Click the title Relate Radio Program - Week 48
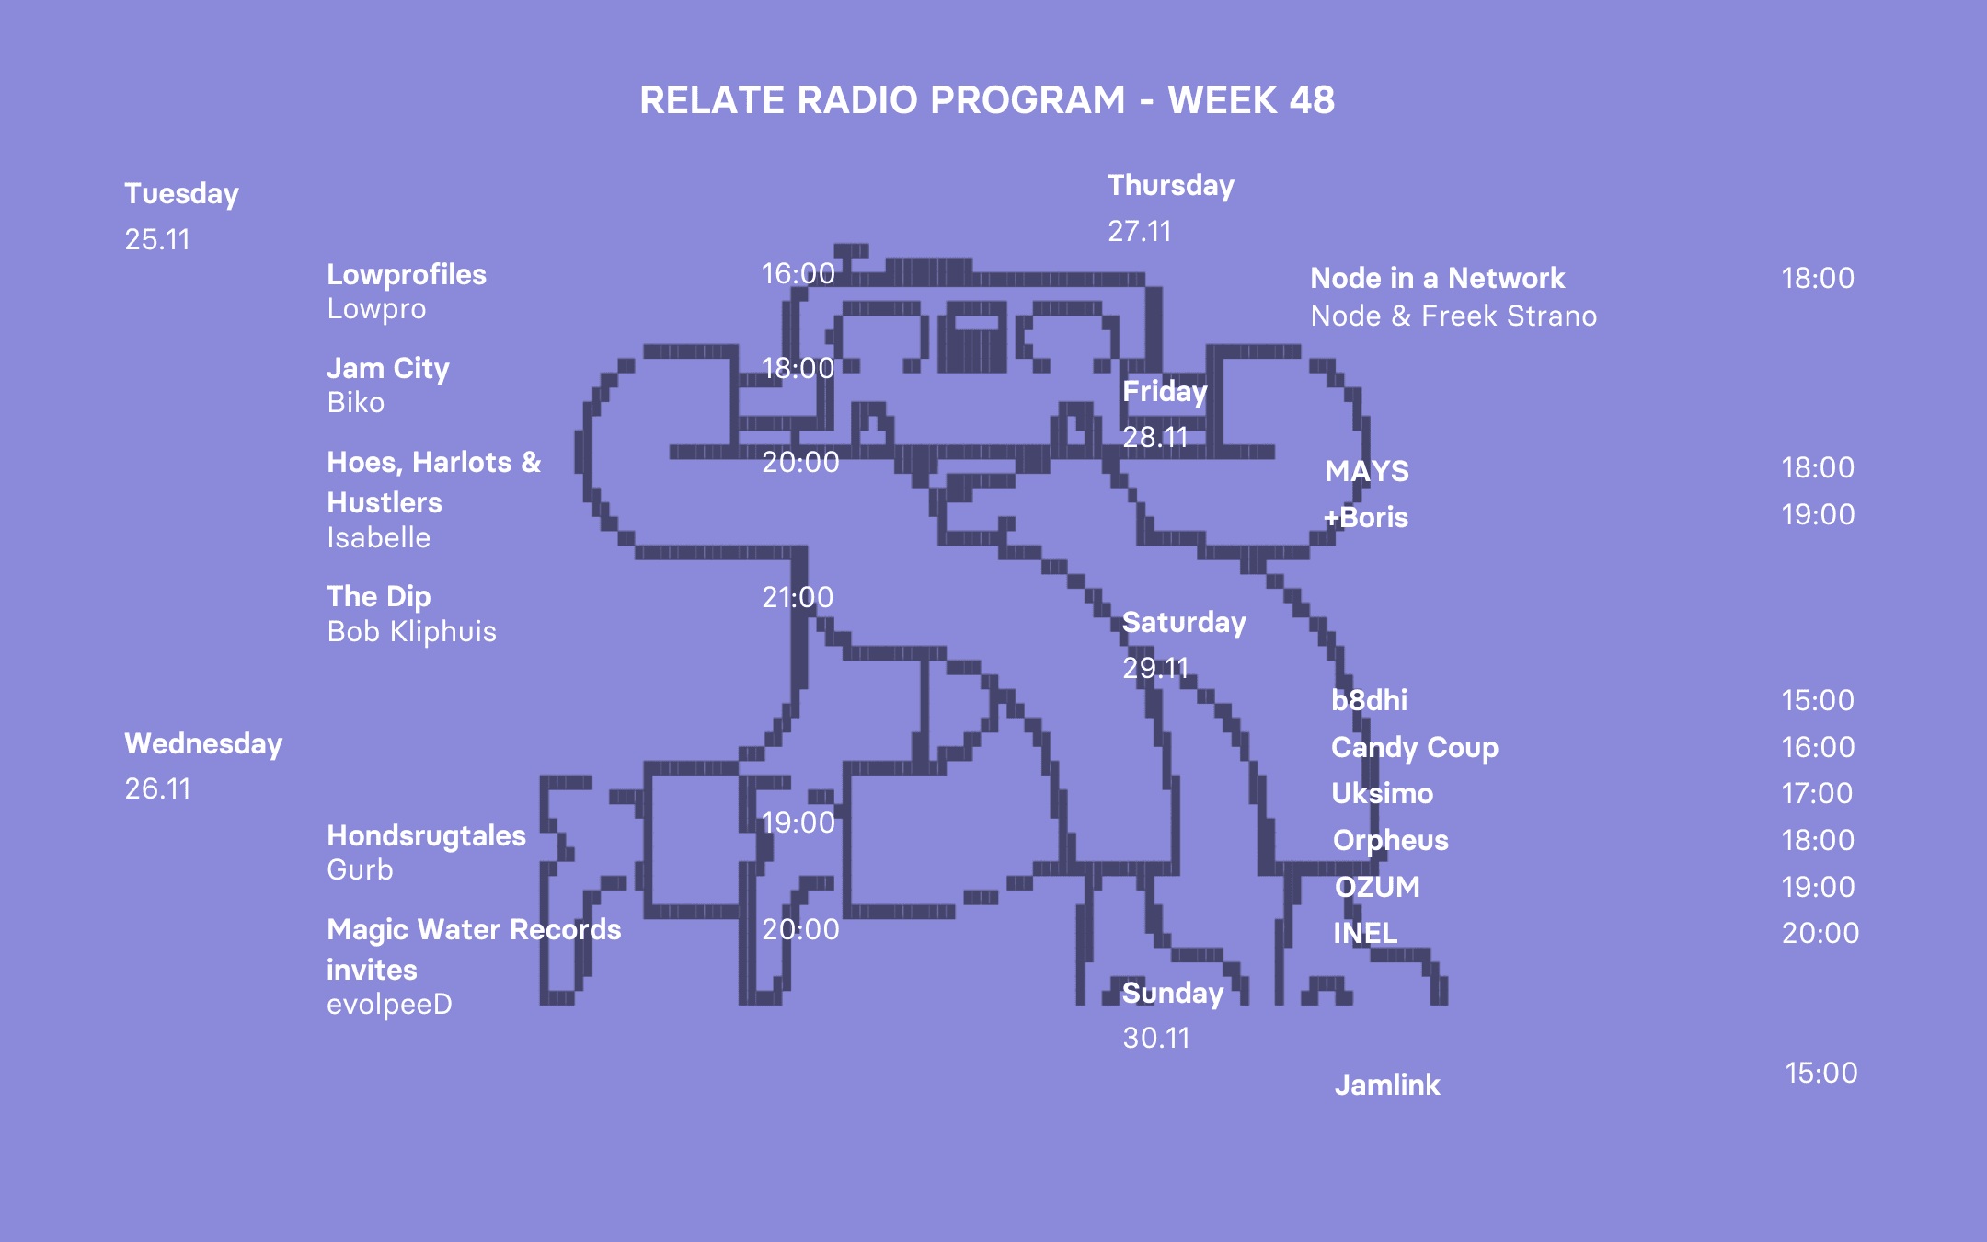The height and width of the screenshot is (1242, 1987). point(986,100)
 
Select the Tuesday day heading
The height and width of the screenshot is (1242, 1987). point(181,194)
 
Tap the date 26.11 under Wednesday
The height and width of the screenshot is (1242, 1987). point(157,789)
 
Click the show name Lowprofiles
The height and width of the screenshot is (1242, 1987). point(407,275)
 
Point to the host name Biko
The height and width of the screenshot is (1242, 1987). point(355,403)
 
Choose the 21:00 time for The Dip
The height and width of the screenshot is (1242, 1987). point(798,598)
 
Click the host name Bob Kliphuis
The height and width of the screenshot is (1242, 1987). point(411,632)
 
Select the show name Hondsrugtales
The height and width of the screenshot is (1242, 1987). point(426,836)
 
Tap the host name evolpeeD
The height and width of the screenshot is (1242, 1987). point(389,1005)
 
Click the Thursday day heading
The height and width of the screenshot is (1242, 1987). point(1170,186)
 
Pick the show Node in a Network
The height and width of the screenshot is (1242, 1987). point(1437,279)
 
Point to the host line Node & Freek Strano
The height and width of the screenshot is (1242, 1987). point(1453,316)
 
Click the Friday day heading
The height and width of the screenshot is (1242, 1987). point(1165,392)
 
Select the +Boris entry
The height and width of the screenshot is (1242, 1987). point(1366,518)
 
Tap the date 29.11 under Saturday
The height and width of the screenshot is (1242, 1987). point(1155,669)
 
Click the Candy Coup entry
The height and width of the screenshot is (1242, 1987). point(1414,748)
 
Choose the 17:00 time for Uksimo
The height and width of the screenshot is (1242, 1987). point(1817,794)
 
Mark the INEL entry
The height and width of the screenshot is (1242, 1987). point(1365,934)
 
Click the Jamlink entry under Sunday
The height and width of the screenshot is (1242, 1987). point(1387,1086)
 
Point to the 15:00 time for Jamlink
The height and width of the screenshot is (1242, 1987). point(1820,1074)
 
